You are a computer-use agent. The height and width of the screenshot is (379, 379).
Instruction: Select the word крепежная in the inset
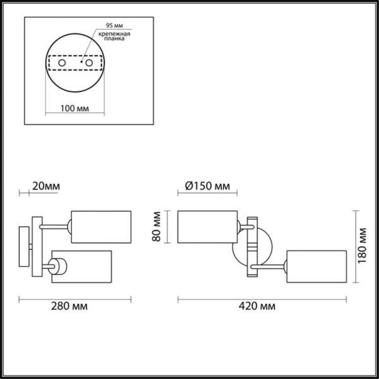tap(114, 33)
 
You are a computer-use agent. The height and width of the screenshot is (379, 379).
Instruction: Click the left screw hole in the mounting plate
tap(61, 64)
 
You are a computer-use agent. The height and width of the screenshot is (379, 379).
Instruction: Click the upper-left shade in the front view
tap(208, 226)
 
